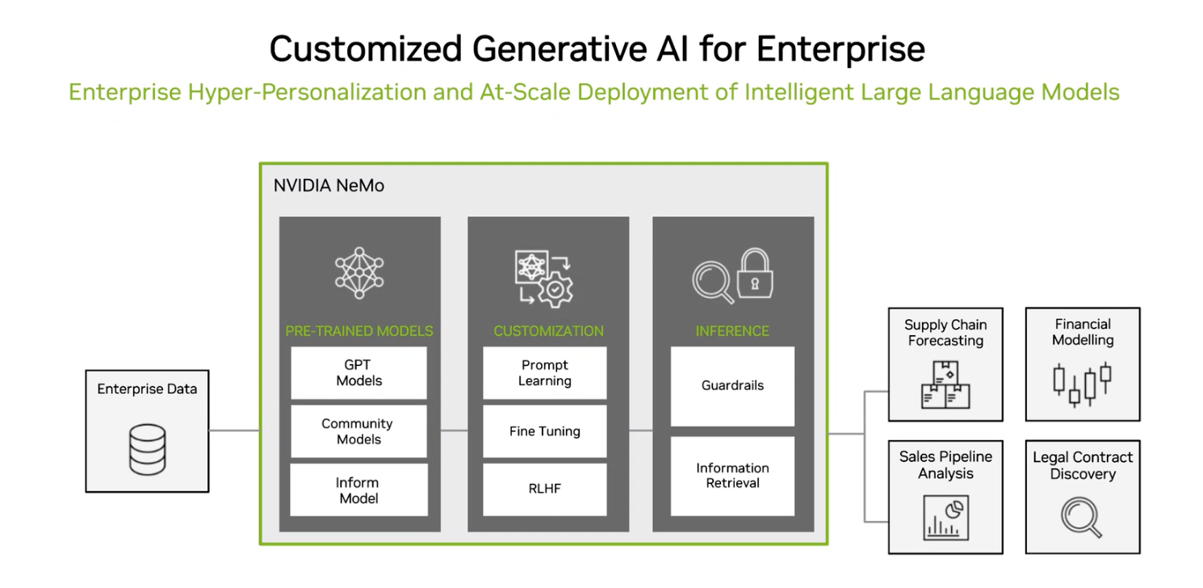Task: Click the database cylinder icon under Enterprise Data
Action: click(x=147, y=450)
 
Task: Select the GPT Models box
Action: click(x=358, y=372)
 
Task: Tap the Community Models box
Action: click(x=358, y=431)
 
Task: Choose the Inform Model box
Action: click(x=358, y=489)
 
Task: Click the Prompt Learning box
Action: click(x=544, y=372)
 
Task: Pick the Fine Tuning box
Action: click(x=544, y=431)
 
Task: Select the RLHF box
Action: click(x=544, y=489)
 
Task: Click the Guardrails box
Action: click(x=732, y=386)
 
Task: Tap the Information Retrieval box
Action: click(x=732, y=477)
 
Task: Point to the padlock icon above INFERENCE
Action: click(x=755, y=273)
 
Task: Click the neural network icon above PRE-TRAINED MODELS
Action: click(x=359, y=273)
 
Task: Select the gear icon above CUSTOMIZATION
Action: click(x=555, y=290)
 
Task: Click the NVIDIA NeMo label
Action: click(x=329, y=186)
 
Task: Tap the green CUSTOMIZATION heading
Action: click(x=548, y=331)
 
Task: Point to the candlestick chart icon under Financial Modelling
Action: click(x=1082, y=384)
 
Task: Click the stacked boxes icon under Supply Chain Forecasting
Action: click(x=945, y=384)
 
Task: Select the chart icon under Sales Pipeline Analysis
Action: click(x=945, y=518)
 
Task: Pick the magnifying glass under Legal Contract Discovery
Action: click(x=1081, y=517)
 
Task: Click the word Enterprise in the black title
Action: click(x=840, y=49)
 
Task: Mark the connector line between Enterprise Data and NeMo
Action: click(x=234, y=430)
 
